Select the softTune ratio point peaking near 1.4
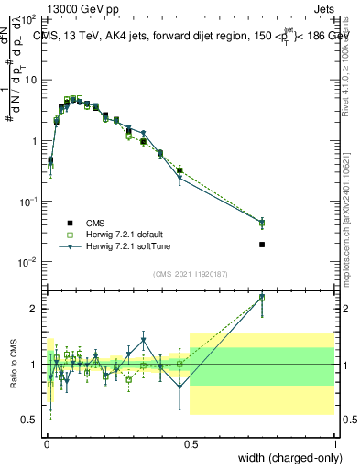(144, 341)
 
